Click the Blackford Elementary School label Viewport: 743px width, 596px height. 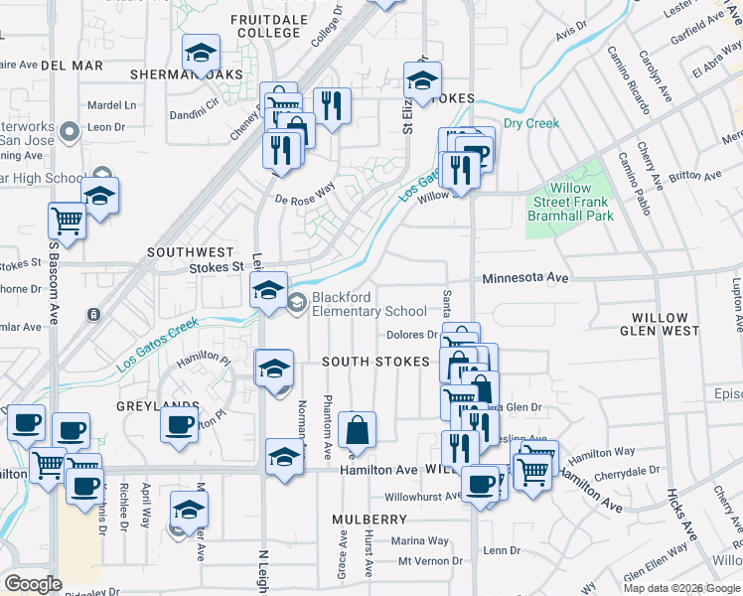pos(370,304)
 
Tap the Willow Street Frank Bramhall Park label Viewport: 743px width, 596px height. pos(570,202)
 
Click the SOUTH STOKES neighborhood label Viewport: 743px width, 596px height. pos(374,362)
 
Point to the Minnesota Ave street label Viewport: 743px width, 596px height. pos(525,279)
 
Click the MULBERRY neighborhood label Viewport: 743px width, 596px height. pos(370,520)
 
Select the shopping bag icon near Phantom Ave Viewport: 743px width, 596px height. pos(357,431)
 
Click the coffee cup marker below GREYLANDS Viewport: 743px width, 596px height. pos(180,424)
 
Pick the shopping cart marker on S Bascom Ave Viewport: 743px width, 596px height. pos(68,221)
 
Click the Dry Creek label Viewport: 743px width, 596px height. pos(531,124)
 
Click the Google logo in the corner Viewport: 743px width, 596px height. pos(32,584)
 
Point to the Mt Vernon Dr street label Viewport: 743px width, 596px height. pos(431,561)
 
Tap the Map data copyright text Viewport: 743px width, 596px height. pos(680,588)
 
